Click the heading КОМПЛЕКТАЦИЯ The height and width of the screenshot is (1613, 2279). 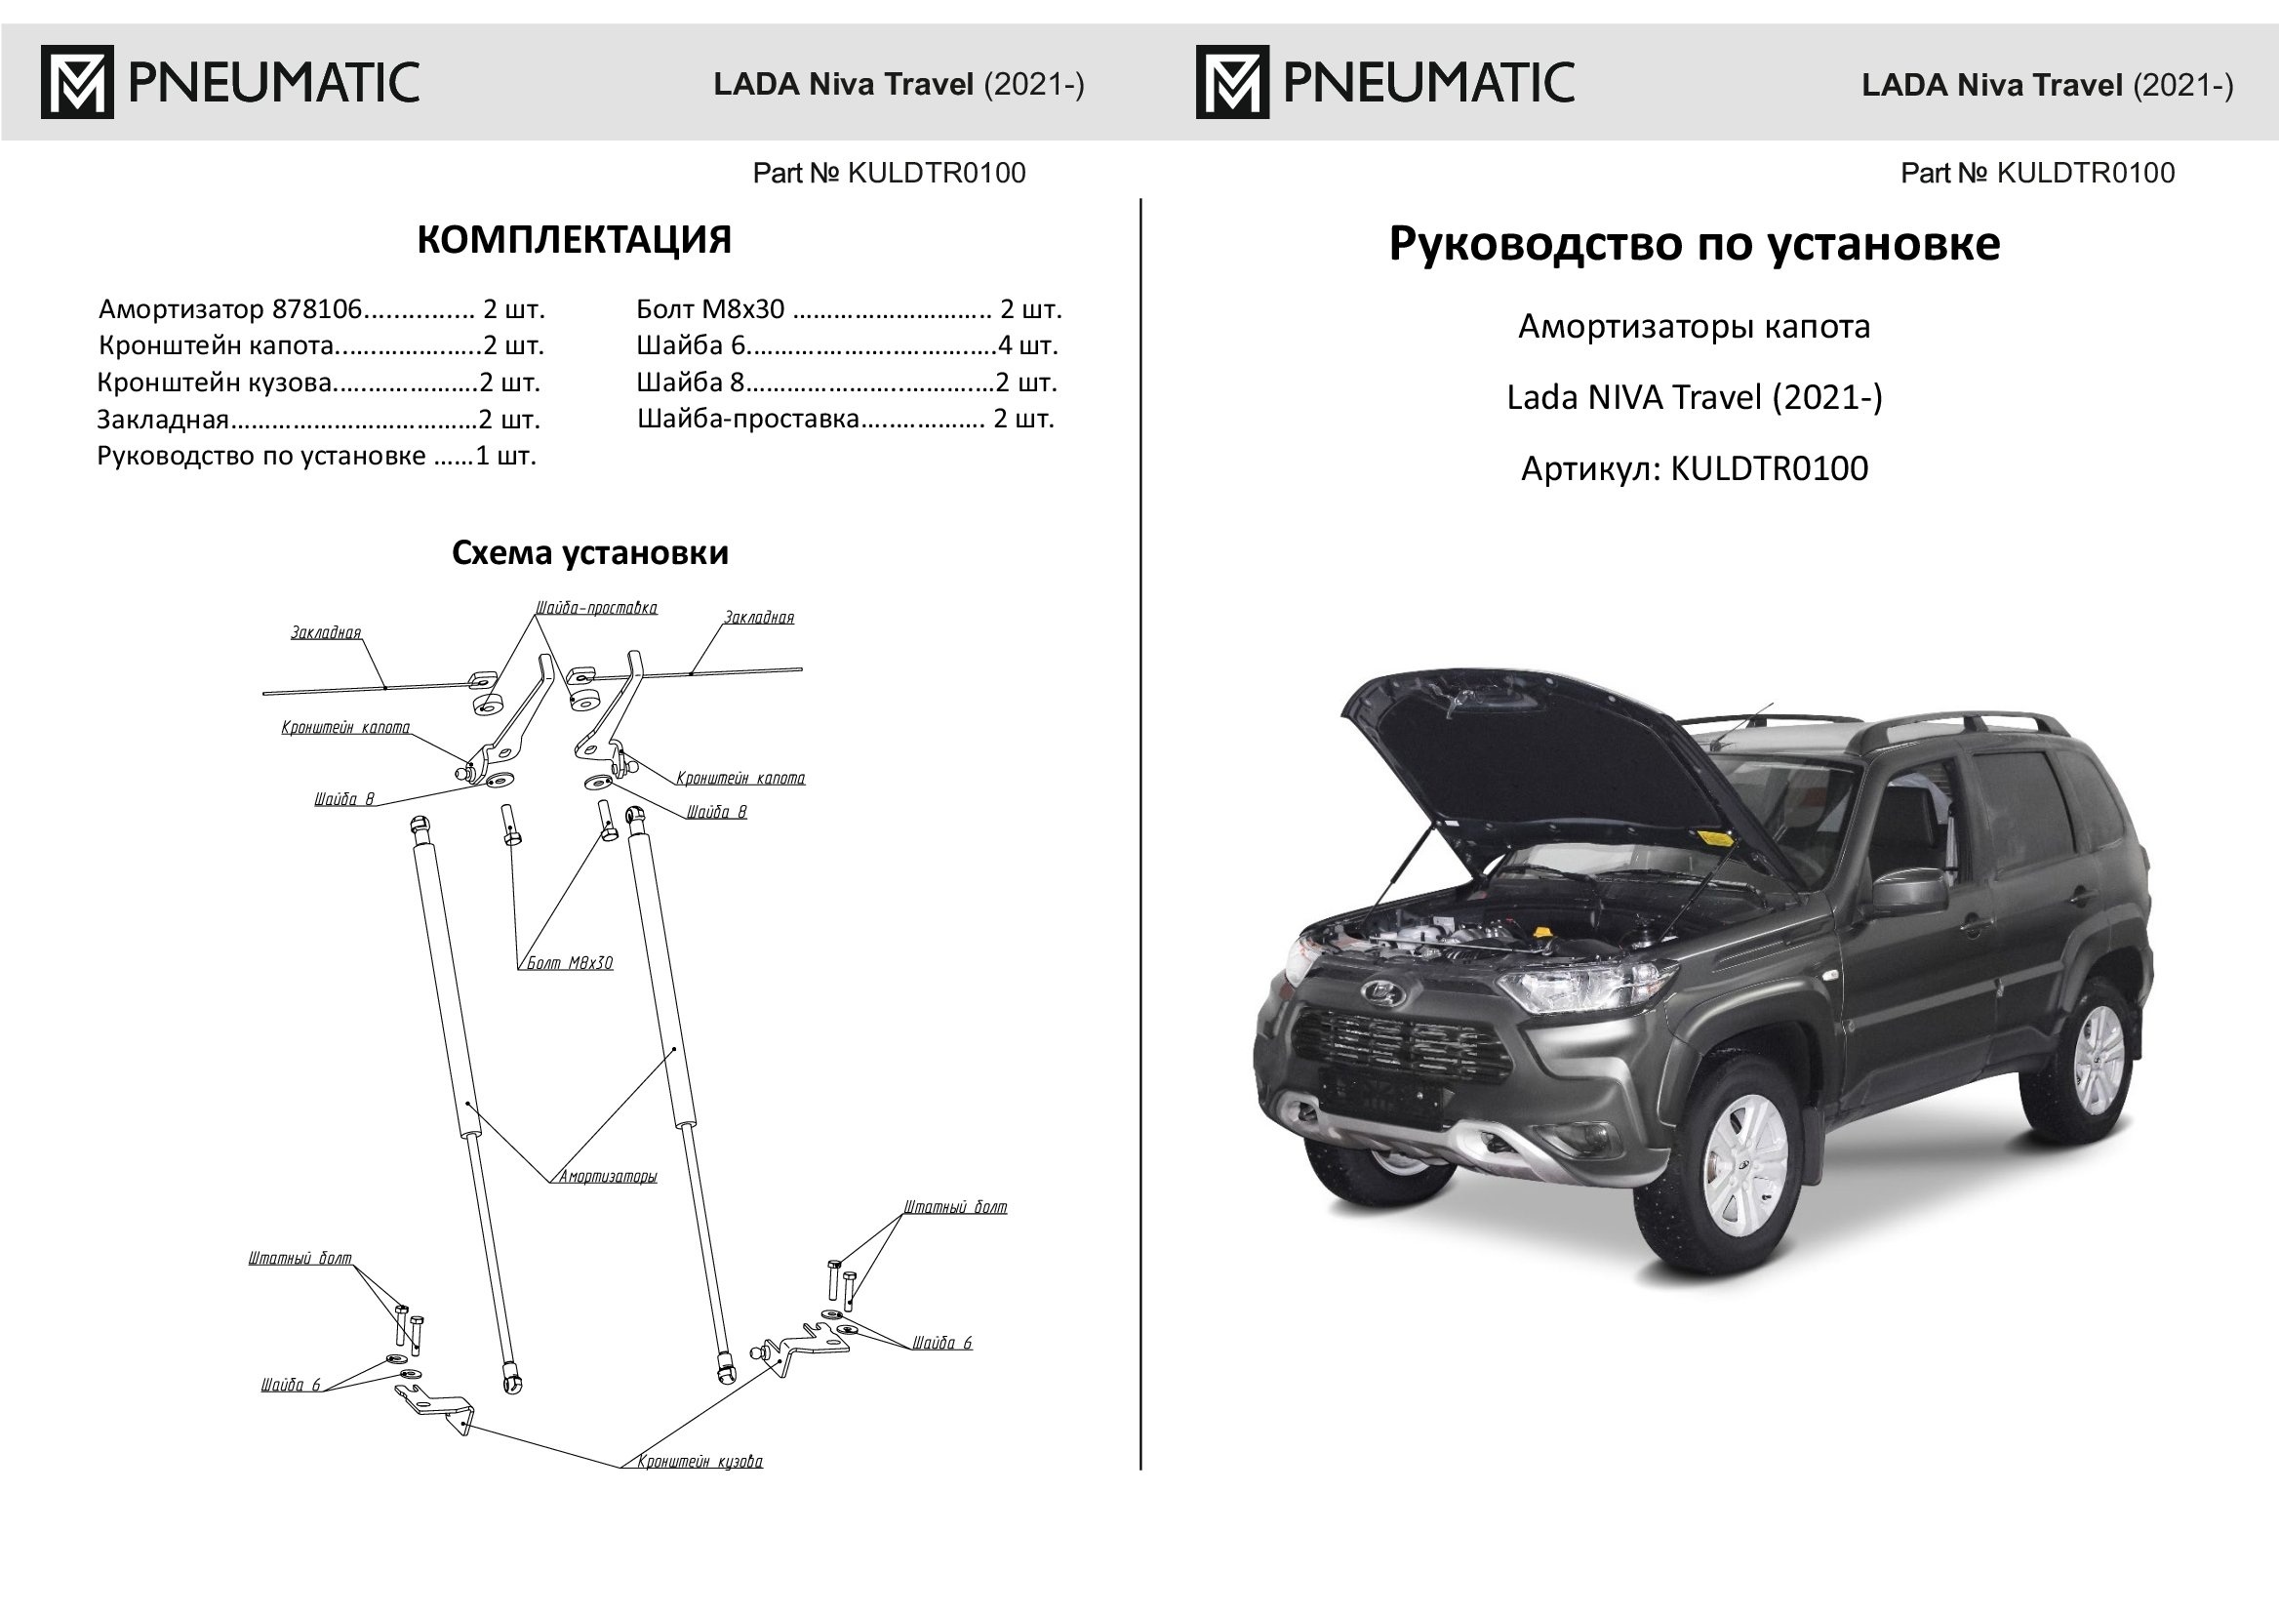coord(574,240)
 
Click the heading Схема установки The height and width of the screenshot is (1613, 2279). coord(590,553)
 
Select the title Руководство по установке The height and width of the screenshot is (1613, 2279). coord(1693,244)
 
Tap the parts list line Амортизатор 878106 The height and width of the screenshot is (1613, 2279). coord(322,309)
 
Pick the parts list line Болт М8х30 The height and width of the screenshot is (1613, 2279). coord(849,309)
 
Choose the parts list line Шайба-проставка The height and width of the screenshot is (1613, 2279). coord(845,419)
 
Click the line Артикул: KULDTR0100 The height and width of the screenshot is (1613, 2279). coord(1694,468)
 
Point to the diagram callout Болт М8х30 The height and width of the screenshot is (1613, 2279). coord(569,962)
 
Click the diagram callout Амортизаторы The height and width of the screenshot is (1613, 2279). coord(608,1177)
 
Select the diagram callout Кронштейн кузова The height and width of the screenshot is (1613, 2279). coord(700,1461)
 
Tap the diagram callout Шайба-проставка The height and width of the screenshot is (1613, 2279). coord(596,608)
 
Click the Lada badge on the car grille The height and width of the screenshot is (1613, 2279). coord(1379,991)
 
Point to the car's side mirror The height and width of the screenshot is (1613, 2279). coord(1907,891)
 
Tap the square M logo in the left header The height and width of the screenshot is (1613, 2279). coord(76,81)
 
